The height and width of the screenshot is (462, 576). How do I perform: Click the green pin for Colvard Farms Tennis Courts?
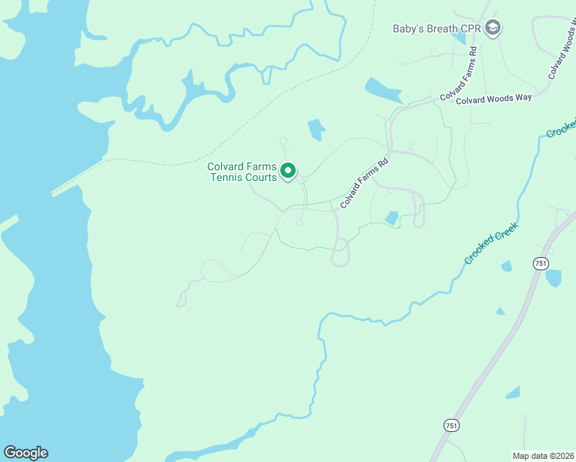click(288, 170)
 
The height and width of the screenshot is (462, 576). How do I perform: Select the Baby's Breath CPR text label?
click(437, 28)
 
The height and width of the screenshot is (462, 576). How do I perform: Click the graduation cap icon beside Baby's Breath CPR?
click(493, 28)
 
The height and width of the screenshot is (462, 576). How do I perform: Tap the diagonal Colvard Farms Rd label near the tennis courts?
click(363, 182)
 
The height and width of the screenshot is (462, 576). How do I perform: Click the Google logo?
click(25, 453)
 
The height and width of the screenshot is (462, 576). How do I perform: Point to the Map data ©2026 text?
click(543, 455)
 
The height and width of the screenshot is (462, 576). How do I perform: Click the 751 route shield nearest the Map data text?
click(451, 425)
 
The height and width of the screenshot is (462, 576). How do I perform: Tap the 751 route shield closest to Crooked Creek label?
click(541, 263)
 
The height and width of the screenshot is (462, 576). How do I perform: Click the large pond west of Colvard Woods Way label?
click(383, 91)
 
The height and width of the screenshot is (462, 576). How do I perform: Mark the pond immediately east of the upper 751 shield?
click(554, 278)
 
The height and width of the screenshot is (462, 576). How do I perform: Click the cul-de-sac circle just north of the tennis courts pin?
click(283, 141)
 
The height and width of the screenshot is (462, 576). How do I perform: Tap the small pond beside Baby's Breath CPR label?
click(460, 36)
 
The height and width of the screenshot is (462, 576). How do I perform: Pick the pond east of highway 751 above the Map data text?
click(513, 393)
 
